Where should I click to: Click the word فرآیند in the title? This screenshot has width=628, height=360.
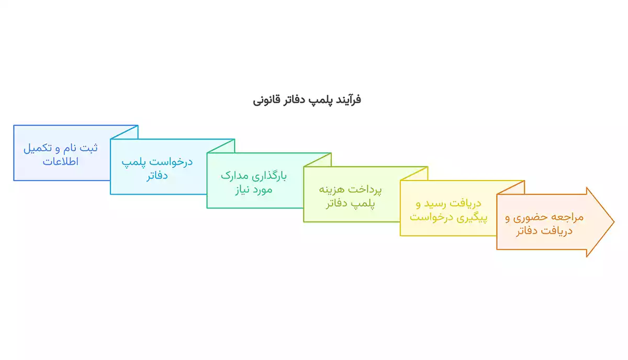click(347, 99)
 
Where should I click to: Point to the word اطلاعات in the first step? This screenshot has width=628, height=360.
click(60, 161)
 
